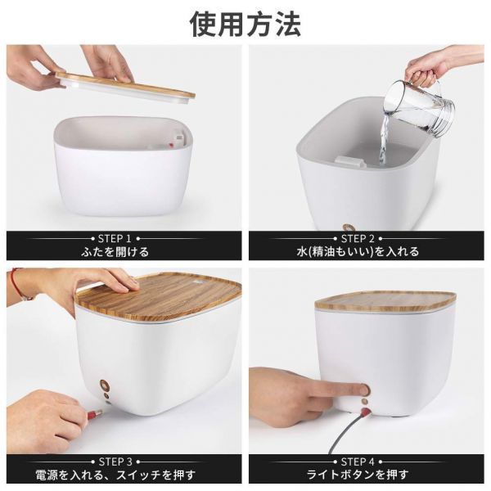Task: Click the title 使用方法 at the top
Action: (x=245, y=24)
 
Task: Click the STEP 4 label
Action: (x=366, y=461)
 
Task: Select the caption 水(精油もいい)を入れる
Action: (x=366, y=251)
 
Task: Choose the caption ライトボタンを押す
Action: (x=366, y=475)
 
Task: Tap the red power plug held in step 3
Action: (x=97, y=414)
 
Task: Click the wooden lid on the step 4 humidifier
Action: (x=385, y=300)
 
